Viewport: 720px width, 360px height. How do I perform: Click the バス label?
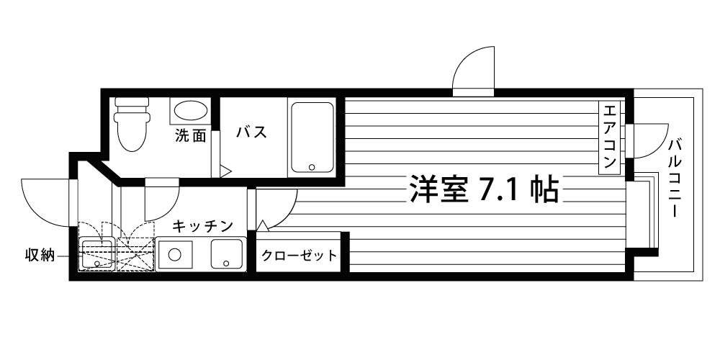tap(252, 132)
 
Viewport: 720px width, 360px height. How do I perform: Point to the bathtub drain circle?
tap(312, 167)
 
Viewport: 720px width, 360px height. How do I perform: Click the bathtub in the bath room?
tap(312, 137)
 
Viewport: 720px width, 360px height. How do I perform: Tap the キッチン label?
tap(203, 226)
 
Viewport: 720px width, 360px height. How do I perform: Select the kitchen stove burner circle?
tap(174, 254)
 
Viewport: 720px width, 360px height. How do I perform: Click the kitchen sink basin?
tap(228, 254)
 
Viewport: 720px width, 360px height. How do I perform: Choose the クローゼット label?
tap(299, 255)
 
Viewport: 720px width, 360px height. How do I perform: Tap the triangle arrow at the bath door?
tap(225, 172)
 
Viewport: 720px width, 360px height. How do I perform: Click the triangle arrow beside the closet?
tap(263, 226)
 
